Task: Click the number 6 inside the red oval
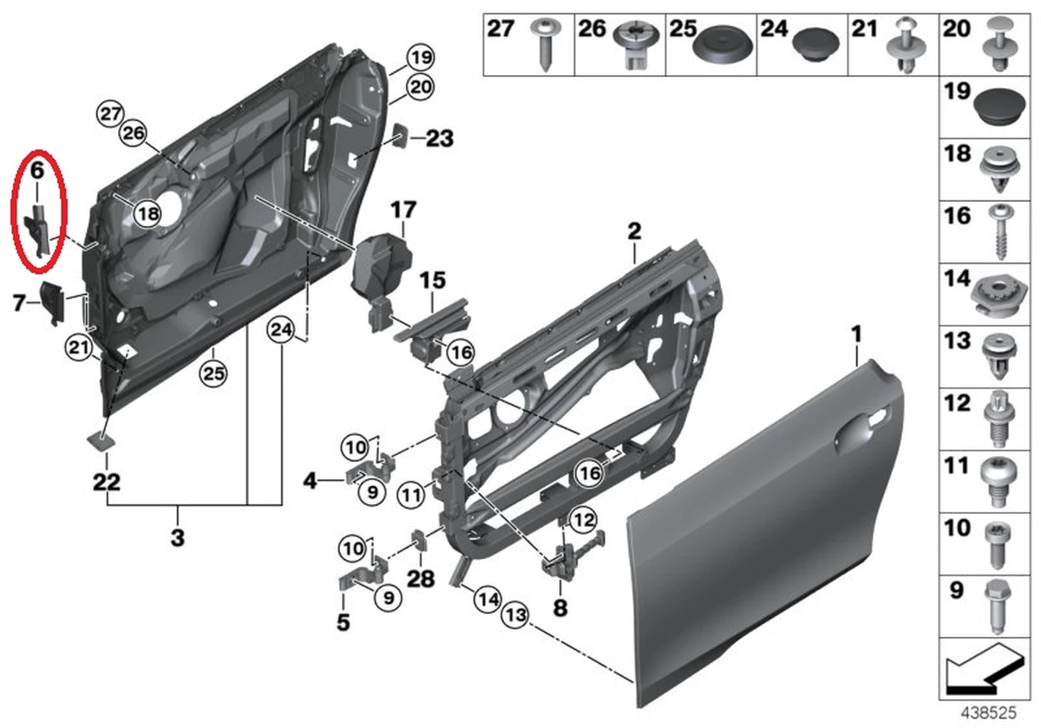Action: [x=37, y=172]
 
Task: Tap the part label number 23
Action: [x=439, y=138]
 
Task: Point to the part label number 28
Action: [x=421, y=577]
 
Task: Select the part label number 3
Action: [x=177, y=537]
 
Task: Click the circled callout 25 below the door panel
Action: [x=213, y=374]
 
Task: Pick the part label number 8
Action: [x=560, y=608]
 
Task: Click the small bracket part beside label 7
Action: [x=53, y=302]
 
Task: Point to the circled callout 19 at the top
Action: [x=421, y=59]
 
